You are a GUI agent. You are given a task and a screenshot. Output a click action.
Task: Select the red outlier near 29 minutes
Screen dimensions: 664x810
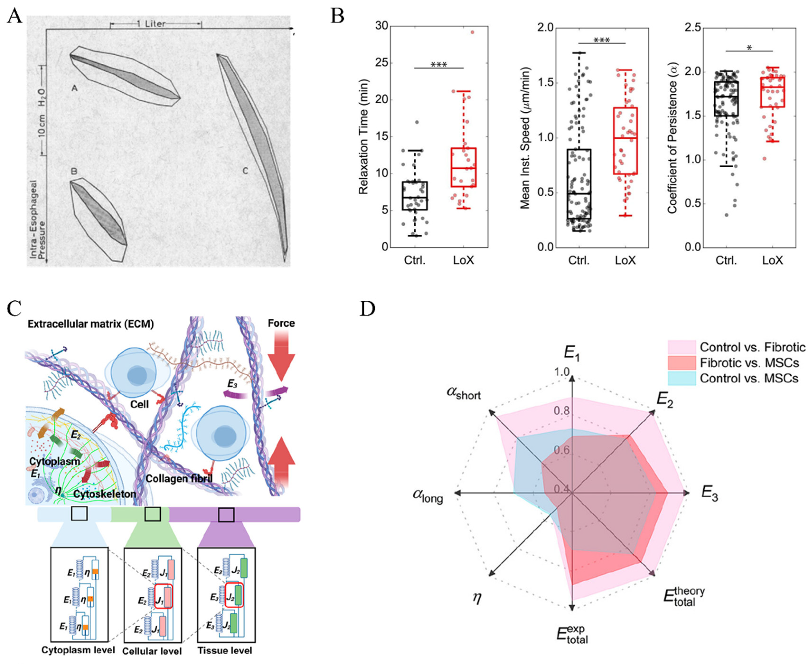472,32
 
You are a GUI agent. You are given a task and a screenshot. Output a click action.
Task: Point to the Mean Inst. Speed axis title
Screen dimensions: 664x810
526,138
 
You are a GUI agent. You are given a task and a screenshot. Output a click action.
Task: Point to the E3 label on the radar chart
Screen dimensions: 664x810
709,494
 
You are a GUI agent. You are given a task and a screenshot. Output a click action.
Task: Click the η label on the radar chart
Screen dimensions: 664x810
477,598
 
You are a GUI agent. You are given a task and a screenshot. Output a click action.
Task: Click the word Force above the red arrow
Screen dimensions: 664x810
281,323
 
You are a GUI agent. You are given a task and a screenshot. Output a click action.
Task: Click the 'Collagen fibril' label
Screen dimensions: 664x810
179,478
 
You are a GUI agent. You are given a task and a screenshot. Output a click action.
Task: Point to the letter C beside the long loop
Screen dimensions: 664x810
245,171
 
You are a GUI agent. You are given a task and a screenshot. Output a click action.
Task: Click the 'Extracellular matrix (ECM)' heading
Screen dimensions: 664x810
91,324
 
